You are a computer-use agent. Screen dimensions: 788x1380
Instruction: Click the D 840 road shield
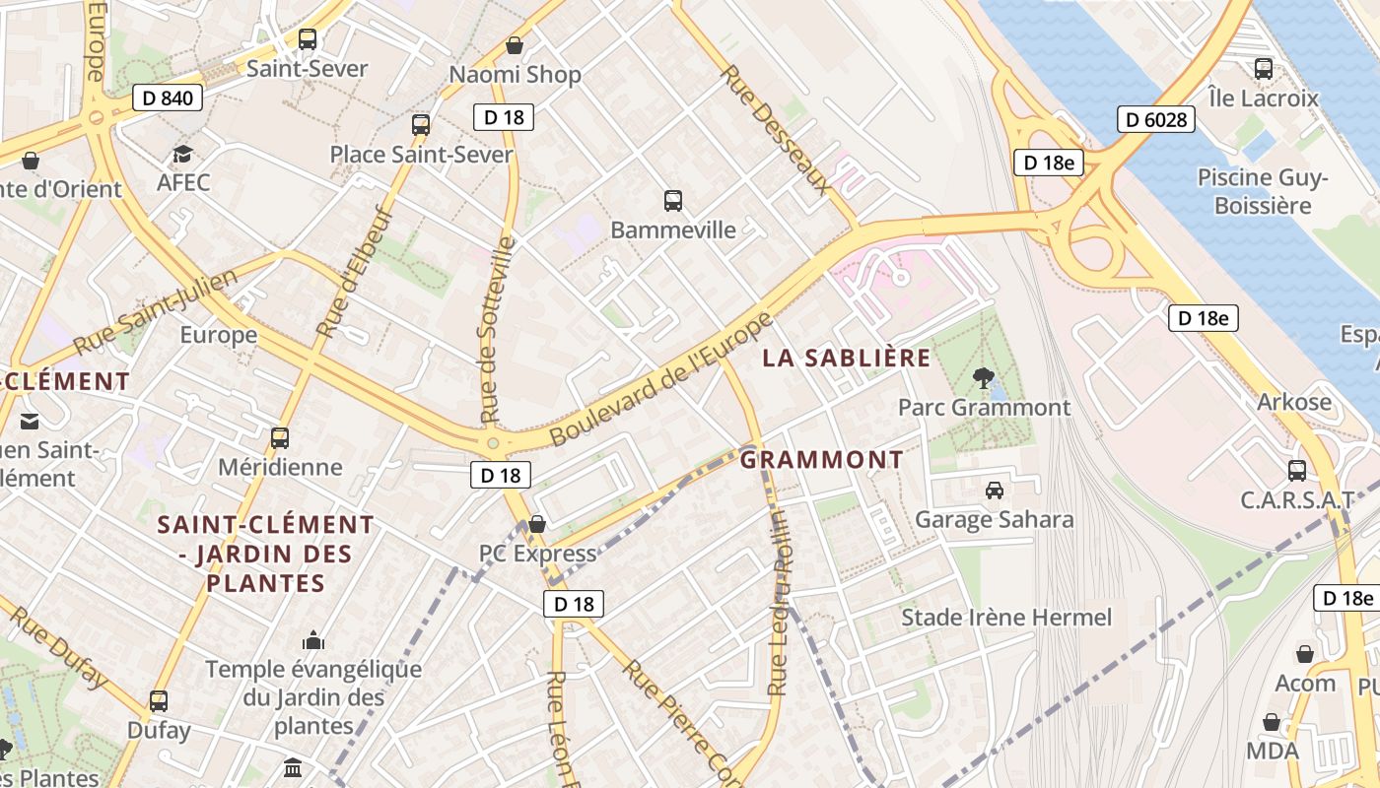pos(168,98)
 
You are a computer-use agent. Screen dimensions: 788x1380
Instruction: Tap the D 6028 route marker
pos(1156,120)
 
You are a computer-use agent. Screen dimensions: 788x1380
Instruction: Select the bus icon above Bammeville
pos(673,201)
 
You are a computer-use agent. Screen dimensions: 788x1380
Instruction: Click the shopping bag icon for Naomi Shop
pos(514,45)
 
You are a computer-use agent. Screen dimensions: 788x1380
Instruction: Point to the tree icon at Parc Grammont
pos(982,376)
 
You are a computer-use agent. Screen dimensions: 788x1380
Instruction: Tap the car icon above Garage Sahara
pos(994,490)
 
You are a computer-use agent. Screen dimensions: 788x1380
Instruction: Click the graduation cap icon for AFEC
pos(182,154)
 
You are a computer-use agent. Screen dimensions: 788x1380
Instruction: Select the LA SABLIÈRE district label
pos(846,358)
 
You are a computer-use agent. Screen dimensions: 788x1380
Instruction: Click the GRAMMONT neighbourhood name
pos(821,460)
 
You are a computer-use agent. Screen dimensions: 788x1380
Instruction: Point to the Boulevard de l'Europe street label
pos(660,379)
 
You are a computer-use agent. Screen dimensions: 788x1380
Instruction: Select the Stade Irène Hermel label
pos(1006,618)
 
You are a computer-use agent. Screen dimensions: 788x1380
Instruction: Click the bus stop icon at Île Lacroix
pos(1264,69)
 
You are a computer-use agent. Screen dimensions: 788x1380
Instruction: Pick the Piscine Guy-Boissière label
pos(1263,191)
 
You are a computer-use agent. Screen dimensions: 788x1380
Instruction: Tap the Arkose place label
pos(1293,402)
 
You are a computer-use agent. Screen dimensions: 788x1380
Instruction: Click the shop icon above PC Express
pos(537,524)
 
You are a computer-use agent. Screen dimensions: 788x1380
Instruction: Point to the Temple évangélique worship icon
pos(313,641)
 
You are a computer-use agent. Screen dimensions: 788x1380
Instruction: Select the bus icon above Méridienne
pos(280,437)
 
